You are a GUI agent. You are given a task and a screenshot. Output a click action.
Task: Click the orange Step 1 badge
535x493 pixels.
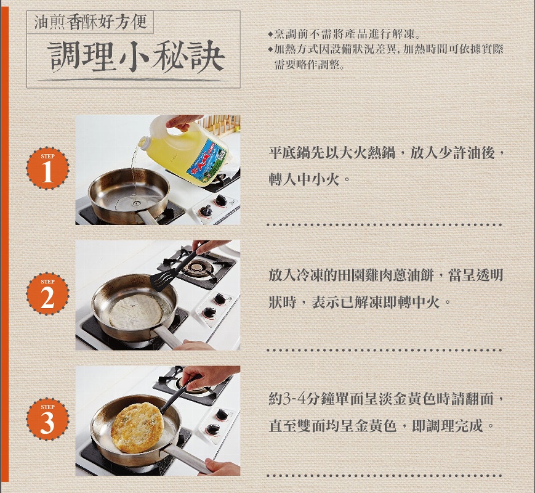tap(47, 168)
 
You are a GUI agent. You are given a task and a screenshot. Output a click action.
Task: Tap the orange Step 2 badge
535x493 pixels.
tap(47, 294)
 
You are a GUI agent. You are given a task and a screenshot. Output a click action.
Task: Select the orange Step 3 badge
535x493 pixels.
tap(47, 419)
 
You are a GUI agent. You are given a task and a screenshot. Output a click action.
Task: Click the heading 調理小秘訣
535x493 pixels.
tap(136, 57)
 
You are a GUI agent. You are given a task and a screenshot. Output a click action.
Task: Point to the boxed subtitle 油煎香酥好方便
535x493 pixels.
tap(90, 22)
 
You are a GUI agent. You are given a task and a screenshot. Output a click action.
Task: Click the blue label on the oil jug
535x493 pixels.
tap(206, 160)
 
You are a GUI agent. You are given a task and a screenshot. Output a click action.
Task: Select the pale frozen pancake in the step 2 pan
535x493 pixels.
tap(135, 312)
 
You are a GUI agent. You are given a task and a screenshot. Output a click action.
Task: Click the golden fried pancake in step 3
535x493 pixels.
tap(137, 428)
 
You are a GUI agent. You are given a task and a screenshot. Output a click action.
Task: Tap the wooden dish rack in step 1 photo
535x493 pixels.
tap(219, 123)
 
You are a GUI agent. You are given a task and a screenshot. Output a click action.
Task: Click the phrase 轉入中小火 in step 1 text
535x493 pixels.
tap(304, 179)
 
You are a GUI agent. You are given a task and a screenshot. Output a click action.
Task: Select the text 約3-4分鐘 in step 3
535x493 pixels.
tap(294, 398)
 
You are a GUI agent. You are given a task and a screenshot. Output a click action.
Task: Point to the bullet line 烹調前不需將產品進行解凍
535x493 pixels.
tap(345, 34)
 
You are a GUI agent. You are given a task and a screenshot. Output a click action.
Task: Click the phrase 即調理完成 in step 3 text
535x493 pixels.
tap(447, 426)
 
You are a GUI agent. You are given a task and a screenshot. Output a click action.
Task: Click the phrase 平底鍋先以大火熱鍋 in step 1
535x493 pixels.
tap(332, 152)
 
